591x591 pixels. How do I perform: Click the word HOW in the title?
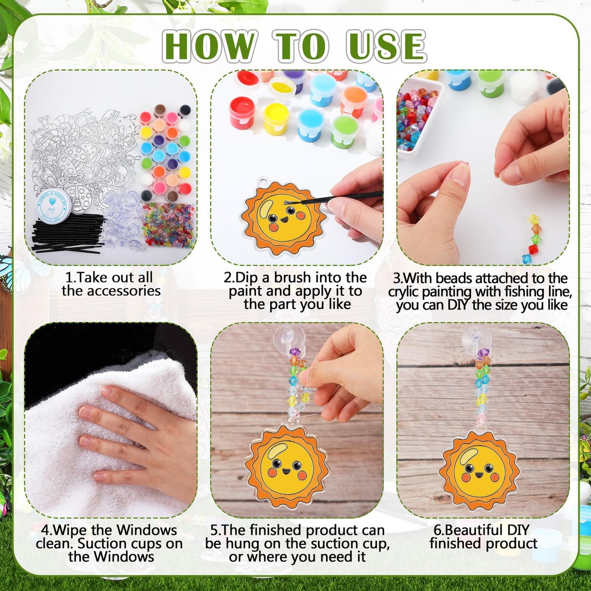[x=209, y=46]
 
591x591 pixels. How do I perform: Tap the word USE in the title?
[x=386, y=46]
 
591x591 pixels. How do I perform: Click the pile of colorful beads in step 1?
[x=168, y=224]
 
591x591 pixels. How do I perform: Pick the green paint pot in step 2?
[x=345, y=130]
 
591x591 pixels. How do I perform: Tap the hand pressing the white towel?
[x=141, y=438]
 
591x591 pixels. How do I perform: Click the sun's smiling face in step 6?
[x=479, y=470]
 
